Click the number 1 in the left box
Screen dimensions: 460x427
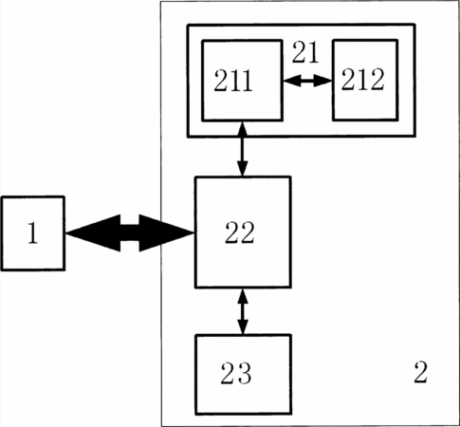click(x=33, y=232)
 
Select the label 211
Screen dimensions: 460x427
click(x=233, y=81)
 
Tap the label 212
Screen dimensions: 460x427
click(x=362, y=80)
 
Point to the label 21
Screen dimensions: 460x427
click(x=304, y=52)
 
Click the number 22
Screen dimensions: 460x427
click(x=240, y=232)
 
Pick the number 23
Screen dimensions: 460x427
click(x=236, y=373)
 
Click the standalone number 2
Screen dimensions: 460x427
click(x=421, y=372)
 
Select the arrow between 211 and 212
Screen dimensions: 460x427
click(x=307, y=82)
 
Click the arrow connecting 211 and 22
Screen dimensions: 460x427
click(x=243, y=149)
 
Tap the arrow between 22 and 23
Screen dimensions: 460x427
click(x=243, y=311)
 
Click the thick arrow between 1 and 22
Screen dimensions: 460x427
click(x=130, y=233)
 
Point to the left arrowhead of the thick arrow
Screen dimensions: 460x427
click(x=93, y=233)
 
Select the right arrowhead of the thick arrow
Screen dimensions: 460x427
click(x=166, y=233)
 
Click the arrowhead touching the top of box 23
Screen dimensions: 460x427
click(x=243, y=326)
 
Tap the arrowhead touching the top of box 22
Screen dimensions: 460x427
click(x=243, y=168)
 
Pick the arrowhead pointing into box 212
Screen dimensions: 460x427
click(x=322, y=82)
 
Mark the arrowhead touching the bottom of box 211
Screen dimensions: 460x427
click(x=243, y=130)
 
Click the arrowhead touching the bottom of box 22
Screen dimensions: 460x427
click(x=243, y=296)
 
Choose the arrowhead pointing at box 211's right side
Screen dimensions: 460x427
click(x=292, y=82)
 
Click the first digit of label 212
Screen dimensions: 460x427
click(x=348, y=80)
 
